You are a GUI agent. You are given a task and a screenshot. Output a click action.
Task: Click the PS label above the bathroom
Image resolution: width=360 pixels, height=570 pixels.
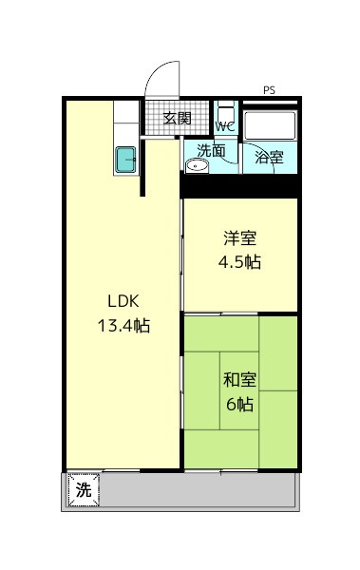(269, 90)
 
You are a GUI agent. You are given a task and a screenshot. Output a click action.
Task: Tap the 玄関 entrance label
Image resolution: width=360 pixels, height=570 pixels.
(177, 118)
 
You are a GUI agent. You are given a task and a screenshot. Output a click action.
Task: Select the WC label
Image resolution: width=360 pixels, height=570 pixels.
(225, 127)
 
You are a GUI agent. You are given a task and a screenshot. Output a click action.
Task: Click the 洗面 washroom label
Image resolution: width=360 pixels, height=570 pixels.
(211, 151)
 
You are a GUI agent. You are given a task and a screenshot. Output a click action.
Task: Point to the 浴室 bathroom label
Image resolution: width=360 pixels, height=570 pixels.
(269, 157)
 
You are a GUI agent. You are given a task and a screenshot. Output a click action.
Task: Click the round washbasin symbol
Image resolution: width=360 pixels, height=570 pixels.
(197, 166)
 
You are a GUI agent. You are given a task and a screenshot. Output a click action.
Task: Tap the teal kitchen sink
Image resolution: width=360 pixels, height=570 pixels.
(126, 160)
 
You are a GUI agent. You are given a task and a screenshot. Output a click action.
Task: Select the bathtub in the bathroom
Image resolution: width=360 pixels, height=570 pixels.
(270, 125)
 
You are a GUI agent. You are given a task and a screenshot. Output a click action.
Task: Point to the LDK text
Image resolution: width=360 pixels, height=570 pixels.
(123, 301)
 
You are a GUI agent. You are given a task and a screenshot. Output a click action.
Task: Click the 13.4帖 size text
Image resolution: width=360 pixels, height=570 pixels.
(123, 325)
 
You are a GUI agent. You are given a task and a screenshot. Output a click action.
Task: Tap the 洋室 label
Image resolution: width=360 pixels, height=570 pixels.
(240, 237)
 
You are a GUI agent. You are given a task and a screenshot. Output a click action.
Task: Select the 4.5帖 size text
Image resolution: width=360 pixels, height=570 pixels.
(239, 262)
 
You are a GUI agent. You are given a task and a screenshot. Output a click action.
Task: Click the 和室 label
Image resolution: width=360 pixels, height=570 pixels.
(240, 379)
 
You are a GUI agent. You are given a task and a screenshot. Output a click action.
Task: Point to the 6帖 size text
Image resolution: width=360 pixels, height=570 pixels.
(240, 404)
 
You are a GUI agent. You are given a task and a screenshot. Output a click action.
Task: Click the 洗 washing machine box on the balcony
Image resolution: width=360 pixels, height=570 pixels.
(84, 489)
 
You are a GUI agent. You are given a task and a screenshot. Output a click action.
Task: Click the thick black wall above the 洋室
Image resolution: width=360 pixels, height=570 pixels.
(240, 186)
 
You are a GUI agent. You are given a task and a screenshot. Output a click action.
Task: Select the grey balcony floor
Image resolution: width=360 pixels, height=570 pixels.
(197, 489)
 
